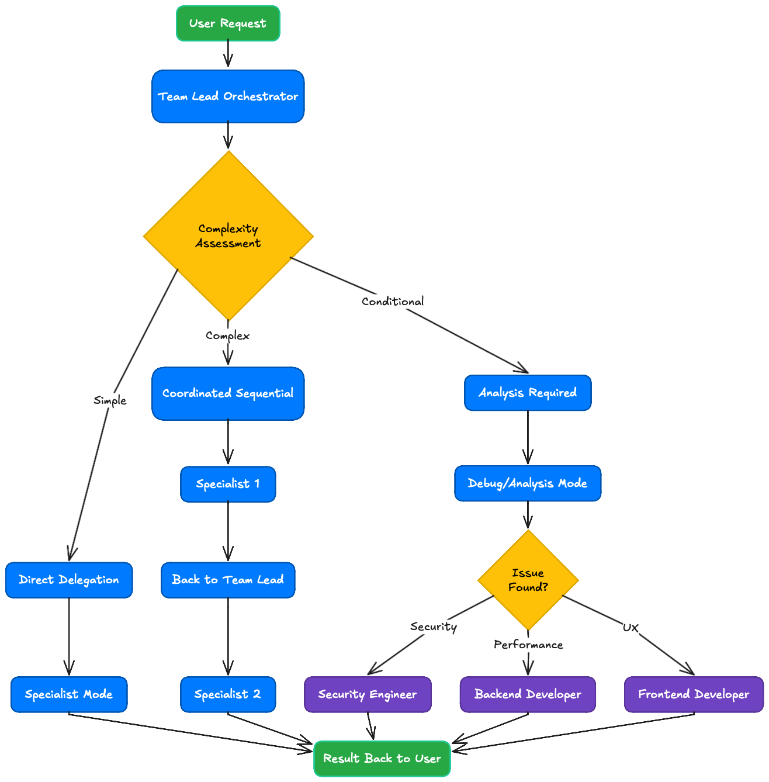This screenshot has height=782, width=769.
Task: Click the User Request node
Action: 228,23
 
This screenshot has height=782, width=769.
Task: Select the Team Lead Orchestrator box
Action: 228,96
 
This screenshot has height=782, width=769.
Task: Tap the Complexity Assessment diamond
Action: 228,236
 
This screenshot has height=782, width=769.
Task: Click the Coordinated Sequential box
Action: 228,393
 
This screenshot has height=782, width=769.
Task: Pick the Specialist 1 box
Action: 228,484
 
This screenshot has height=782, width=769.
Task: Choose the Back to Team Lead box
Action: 228,580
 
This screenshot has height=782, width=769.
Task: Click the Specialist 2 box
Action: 228,694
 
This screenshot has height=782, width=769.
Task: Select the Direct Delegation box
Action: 69,580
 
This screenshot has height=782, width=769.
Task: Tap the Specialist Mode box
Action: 69,694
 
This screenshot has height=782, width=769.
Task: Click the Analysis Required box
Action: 528,393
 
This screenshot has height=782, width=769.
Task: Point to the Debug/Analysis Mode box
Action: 528,483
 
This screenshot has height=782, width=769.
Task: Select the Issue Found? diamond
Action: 528,580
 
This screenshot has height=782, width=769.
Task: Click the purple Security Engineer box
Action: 368,694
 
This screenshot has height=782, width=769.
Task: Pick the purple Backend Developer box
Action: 528,694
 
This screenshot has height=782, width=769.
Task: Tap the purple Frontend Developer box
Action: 694,694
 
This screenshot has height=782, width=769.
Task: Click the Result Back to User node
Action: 382,759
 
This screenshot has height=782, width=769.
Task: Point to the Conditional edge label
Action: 393,302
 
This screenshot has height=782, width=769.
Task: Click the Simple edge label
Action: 110,400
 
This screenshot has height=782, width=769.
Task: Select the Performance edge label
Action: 528,645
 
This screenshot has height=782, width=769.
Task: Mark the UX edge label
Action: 631,628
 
